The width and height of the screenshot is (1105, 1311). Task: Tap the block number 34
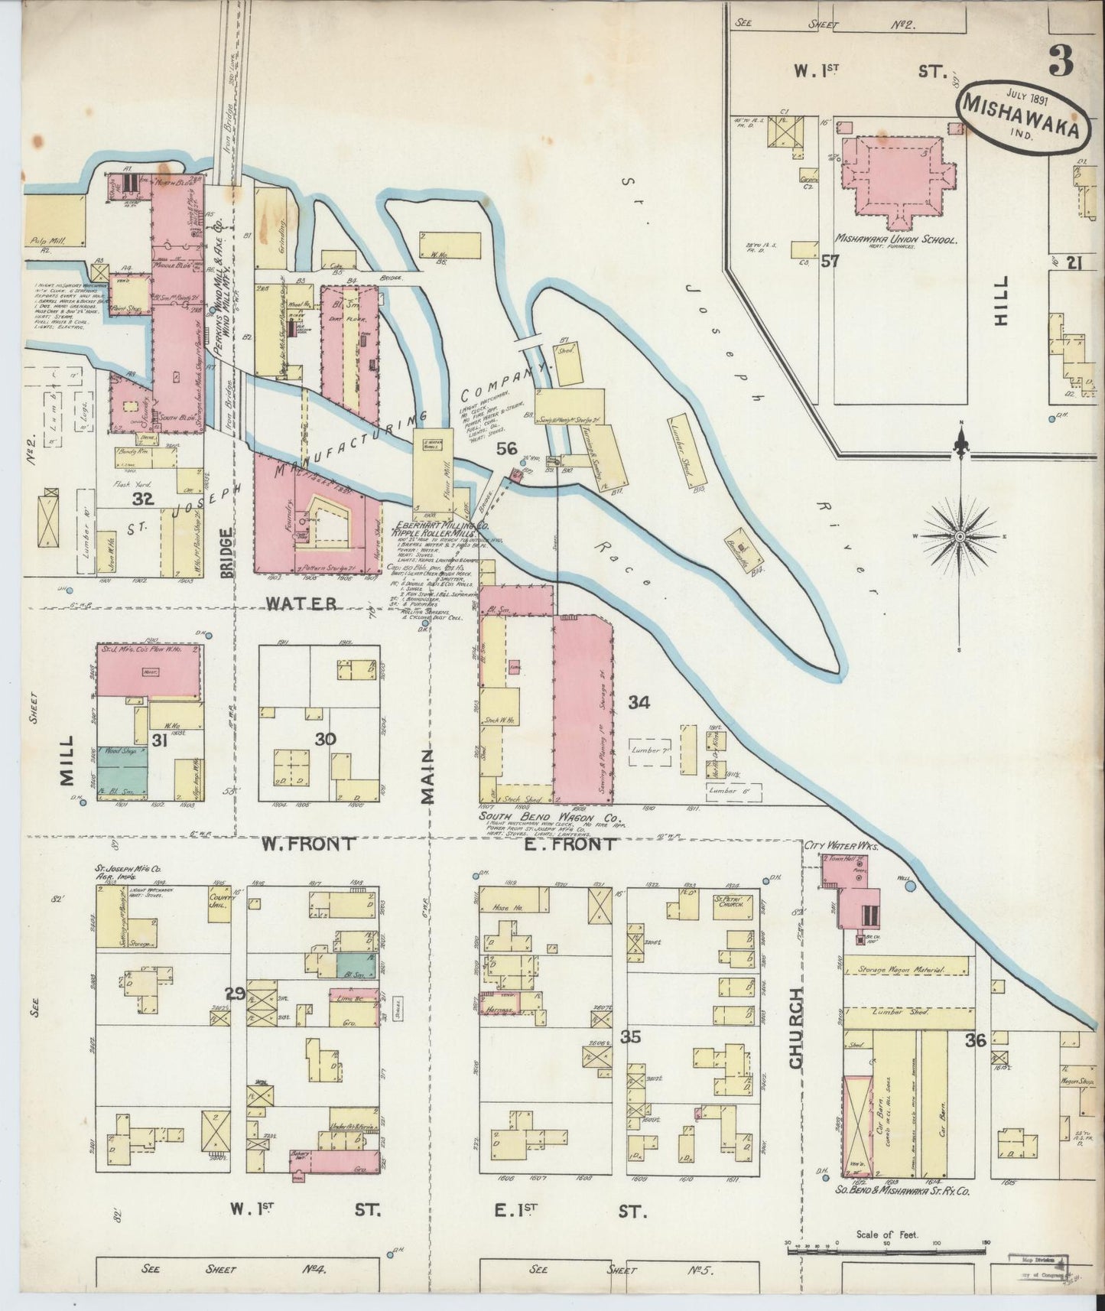639,702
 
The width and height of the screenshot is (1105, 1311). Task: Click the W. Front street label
307,844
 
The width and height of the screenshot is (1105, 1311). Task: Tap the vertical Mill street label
67,761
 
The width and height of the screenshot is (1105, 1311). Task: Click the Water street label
301,603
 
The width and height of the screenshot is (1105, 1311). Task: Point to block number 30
326,740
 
